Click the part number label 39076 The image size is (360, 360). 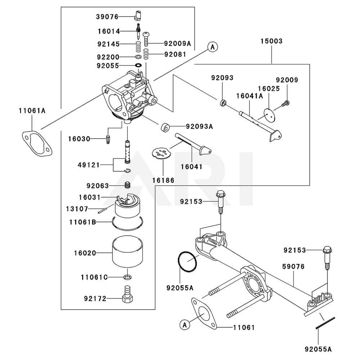(x=107, y=17)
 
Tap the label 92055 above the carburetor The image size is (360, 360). (x=107, y=66)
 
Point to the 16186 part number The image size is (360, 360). (x=163, y=180)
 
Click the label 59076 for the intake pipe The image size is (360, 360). (x=293, y=267)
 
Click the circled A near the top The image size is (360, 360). (x=212, y=46)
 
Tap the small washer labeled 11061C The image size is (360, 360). (x=127, y=277)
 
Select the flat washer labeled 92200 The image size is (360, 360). (x=138, y=57)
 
